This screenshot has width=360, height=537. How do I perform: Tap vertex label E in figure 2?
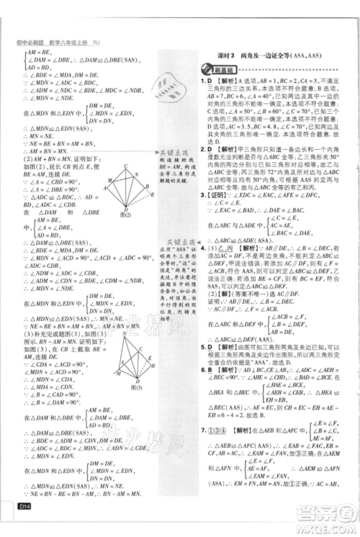pos(149,193)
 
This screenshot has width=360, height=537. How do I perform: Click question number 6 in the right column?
pos(202,370)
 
